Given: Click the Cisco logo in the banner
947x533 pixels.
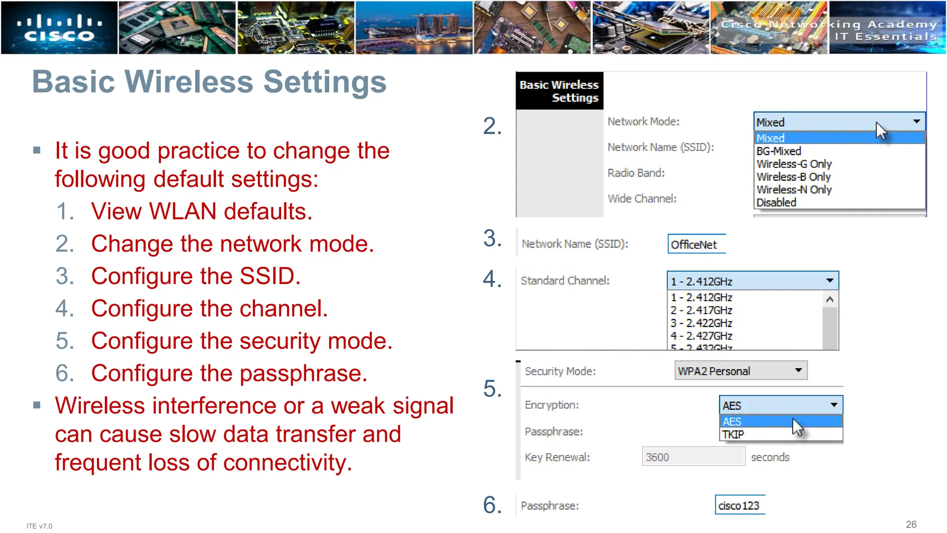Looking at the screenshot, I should point(59,28).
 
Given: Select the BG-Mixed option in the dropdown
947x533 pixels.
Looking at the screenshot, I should point(779,151).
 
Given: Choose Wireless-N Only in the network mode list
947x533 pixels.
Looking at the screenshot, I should point(794,190).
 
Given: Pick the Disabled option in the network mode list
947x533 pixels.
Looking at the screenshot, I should point(776,203).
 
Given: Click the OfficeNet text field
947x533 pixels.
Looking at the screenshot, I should point(696,244).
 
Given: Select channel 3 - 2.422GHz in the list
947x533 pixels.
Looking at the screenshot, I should point(701,323).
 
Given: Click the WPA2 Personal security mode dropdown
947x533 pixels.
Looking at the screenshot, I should point(740,371).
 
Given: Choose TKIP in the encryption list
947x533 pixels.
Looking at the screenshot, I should point(733,434).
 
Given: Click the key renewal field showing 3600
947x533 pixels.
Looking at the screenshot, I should point(693,457).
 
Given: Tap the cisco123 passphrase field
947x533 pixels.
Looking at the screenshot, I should point(739,506).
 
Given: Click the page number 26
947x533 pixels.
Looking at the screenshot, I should point(911,524).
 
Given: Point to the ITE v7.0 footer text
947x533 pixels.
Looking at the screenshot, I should point(39,526).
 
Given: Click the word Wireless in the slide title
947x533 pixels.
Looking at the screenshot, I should point(189,82).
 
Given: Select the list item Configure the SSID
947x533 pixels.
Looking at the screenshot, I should point(196,276).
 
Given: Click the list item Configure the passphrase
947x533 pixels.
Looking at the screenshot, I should point(229,373).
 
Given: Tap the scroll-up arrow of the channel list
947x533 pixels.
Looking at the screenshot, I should point(830,300).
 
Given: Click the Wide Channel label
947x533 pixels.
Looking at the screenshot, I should point(642,198).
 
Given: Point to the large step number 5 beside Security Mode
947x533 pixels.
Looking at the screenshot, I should point(492,389).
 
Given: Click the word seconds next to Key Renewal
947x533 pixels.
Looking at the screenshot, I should point(770,457).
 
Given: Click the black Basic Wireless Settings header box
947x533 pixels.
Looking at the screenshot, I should point(559,91).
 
